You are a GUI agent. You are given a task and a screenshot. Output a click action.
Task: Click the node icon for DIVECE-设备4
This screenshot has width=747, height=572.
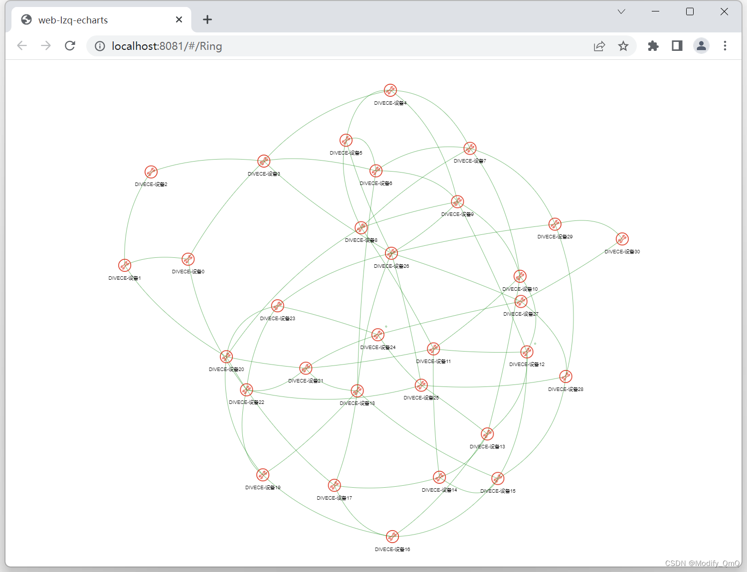point(390,90)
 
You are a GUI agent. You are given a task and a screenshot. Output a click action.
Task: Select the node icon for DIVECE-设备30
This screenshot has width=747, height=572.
point(622,239)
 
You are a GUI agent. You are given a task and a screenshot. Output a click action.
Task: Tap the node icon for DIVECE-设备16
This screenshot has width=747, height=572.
point(392,537)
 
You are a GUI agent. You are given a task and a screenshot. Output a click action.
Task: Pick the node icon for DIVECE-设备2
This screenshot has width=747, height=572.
point(151,172)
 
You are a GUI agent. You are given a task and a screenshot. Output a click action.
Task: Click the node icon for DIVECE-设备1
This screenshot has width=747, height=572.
point(125,265)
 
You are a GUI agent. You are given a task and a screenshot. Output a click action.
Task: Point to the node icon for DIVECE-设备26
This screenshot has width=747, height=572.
point(391,253)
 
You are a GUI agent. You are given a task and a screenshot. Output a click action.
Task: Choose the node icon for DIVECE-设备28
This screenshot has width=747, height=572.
point(565,377)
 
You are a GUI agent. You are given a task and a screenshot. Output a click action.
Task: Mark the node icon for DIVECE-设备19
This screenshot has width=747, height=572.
point(263,475)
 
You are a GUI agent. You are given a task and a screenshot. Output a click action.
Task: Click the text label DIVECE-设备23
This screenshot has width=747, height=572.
point(277,319)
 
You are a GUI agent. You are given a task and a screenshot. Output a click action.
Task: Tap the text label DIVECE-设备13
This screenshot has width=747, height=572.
point(487,447)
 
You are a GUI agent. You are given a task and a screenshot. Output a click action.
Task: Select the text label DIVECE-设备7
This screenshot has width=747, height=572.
point(470,161)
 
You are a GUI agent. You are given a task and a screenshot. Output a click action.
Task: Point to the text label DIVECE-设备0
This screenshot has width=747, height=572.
point(188,272)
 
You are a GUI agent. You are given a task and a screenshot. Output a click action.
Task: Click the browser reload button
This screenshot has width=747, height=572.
point(70,46)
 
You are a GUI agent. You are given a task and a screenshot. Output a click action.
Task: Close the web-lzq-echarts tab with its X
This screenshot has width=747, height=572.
point(179,19)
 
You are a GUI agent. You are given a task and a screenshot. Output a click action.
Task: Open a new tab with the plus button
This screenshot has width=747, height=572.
point(207,19)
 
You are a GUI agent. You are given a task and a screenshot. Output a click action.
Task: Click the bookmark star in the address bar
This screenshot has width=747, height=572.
point(623,46)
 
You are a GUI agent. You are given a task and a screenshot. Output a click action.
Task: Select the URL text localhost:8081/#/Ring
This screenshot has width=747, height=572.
point(167,46)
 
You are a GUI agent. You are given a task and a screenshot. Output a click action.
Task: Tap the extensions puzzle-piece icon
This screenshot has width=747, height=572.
point(653,46)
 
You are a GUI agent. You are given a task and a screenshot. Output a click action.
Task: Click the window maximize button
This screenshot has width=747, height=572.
point(690,11)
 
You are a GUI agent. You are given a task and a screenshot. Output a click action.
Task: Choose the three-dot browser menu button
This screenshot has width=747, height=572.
point(725,46)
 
